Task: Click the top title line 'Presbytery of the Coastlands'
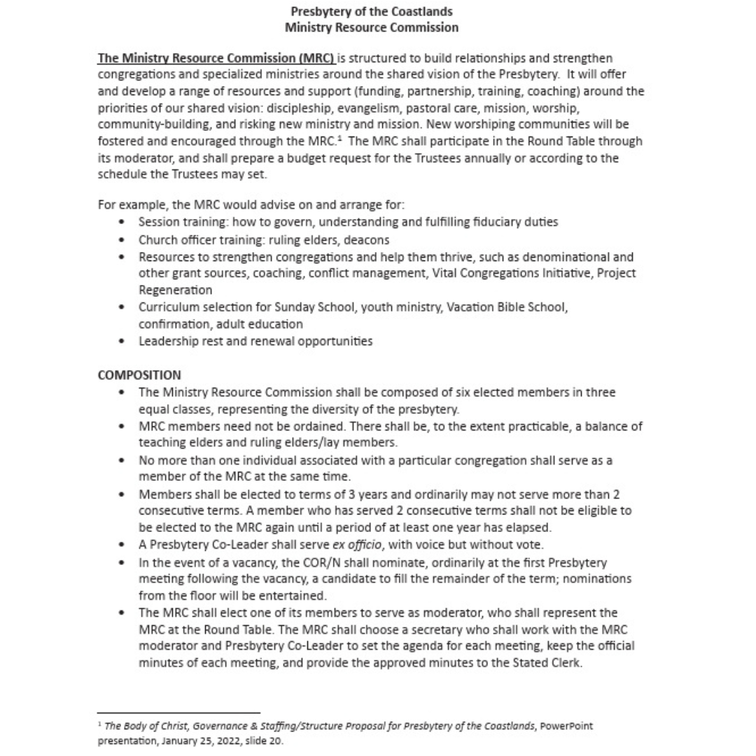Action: coord(372,12)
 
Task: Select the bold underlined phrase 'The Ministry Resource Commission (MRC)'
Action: coord(216,58)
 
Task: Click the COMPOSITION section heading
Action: coord(139,375)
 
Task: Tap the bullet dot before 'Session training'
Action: coord(123,223)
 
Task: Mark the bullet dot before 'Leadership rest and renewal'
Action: coord(123,342)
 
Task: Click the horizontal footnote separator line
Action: coord(178,712)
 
